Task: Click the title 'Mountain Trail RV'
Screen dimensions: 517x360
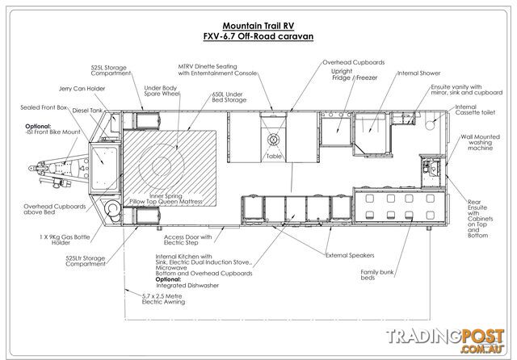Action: tap(258, 26)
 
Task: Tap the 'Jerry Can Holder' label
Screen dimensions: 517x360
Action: tap(82, 89)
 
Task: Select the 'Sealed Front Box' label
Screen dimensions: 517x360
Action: tap(44, 107)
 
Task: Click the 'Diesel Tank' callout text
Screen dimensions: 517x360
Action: tap(87, 111)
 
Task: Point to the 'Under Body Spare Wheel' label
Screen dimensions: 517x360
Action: tap(162, 91)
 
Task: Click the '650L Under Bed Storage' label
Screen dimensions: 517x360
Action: tap(229, 97)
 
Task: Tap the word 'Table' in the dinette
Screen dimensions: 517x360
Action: tap(274, 157)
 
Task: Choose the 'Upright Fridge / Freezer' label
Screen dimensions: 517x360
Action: tap(354, 74)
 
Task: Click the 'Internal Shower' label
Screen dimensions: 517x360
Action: tap(418, 73)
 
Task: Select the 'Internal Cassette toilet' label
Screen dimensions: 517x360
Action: tap(475, 110)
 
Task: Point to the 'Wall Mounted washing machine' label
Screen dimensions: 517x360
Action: tap(480, 142)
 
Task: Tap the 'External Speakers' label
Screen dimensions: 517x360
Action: tap(350, 255)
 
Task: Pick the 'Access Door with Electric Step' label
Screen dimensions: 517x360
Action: tap(187, 240)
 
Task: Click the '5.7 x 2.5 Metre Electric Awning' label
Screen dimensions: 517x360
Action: tap(163, 299)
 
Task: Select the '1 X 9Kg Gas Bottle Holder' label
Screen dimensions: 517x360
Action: tap(65, 240)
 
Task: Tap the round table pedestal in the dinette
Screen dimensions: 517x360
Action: tap(273, 140)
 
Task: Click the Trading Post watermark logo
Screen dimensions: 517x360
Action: tap(445, 341)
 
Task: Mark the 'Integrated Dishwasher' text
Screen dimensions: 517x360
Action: tap(187, 286)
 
